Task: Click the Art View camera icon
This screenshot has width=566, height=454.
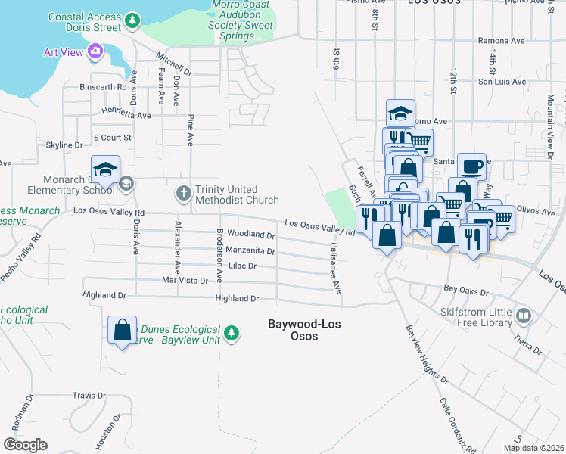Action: pos(95,51)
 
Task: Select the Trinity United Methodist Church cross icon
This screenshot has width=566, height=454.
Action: pos(183,194)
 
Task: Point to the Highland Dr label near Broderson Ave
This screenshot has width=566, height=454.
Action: pos(237,299)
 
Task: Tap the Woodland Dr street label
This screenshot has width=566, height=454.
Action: pos(251,235)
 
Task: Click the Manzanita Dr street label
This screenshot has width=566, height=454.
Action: pos(250,250)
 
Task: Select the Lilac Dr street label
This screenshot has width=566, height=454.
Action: pos(242,266)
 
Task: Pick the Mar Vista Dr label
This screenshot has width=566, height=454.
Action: pos(185,281)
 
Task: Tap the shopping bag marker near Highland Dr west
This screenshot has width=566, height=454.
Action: pos(122,331)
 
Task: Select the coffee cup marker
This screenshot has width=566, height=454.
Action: pos(471,167)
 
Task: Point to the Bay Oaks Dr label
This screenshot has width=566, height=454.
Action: pos(463,289)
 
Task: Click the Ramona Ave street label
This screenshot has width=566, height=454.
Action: pos(500,41)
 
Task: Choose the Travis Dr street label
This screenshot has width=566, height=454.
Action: pos(89,396)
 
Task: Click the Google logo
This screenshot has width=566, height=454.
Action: pos(25,445)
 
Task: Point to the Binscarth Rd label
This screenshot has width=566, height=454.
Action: pos(102,87)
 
